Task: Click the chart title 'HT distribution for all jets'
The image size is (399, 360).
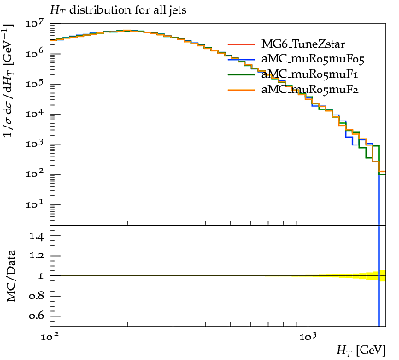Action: pos(118,10)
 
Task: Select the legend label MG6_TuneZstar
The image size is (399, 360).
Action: pos(303,44)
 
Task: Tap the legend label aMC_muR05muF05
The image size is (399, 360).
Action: pos(313,59)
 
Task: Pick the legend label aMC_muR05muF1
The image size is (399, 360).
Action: pos(310,74)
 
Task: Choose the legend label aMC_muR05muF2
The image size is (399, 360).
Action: pos(310,90)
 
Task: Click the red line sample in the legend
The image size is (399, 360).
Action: pos(242,44)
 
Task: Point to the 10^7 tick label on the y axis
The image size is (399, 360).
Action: pos(35,23)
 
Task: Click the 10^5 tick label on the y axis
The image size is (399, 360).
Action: pos(35,84)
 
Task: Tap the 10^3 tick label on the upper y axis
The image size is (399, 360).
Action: pos(35,144)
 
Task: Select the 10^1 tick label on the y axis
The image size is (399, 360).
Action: pos(35,204)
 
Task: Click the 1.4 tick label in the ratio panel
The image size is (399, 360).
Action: pos(37,236)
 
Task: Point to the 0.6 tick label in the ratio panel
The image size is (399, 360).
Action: pos(37,316)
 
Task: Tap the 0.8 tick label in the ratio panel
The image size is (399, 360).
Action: pos(37,296)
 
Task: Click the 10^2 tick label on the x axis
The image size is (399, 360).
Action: pos(50,337)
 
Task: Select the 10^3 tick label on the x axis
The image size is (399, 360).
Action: pos(308,337)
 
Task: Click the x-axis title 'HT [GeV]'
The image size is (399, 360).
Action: pos(361,350)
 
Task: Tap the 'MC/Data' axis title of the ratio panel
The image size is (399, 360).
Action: pos(10,276)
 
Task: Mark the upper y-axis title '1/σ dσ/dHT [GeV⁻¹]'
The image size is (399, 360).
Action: pos(9,80)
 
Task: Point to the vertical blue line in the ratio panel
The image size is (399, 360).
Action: pos(379,276)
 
